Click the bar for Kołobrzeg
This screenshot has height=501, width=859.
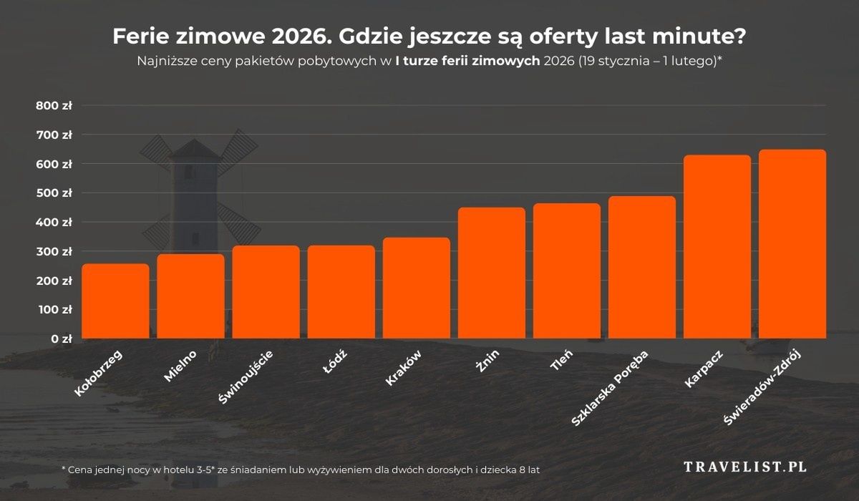116,301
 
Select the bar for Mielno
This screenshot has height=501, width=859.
191,296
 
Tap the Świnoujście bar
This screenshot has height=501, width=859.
266,292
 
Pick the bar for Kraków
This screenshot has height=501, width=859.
417,288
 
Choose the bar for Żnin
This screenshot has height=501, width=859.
492,273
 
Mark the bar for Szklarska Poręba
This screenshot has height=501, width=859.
642,267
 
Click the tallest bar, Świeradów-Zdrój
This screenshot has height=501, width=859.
792,244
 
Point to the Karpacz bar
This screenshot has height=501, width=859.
717,247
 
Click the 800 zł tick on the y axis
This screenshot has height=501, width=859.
54,105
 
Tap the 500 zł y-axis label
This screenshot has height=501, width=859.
54,193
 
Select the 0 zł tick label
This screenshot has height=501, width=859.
60,339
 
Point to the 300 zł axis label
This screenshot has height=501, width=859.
54,252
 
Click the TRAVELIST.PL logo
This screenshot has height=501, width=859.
745,467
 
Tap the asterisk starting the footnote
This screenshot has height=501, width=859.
64,468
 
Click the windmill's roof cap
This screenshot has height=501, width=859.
193,148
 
